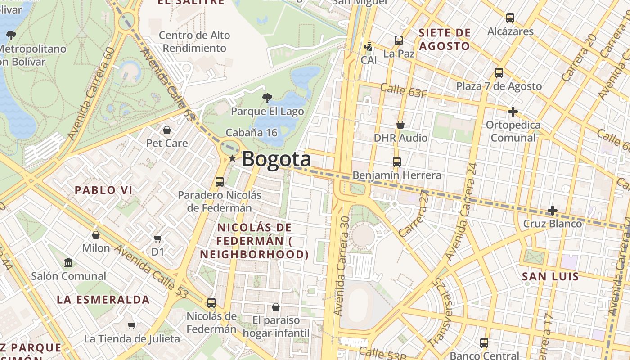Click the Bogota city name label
click(x=276, y=159)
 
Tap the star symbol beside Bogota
click(x=232, y=158)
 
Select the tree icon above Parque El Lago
click(x=267, y=98)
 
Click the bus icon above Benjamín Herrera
click(x=396, y=162)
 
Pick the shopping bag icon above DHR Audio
click(x=400, y=125)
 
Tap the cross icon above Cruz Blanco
click(x=552, y=211)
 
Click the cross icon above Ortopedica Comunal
click(x=513, y=112)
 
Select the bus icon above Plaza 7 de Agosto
click(x=499, y=73)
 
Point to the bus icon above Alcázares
click(x=510, y=18)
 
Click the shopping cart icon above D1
click(x=157, y=238)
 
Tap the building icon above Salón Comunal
click(x=68, y=262)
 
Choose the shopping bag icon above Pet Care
click(x=167, y=130)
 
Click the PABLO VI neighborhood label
click(x=103, y=190)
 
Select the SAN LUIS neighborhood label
click(x=550, y=276)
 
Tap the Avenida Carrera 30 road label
click(x=342, y=265)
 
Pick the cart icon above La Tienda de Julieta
click(x=132, y=325)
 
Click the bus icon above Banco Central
click(x=484, y=343)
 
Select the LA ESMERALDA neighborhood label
click(x=103, y=300)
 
